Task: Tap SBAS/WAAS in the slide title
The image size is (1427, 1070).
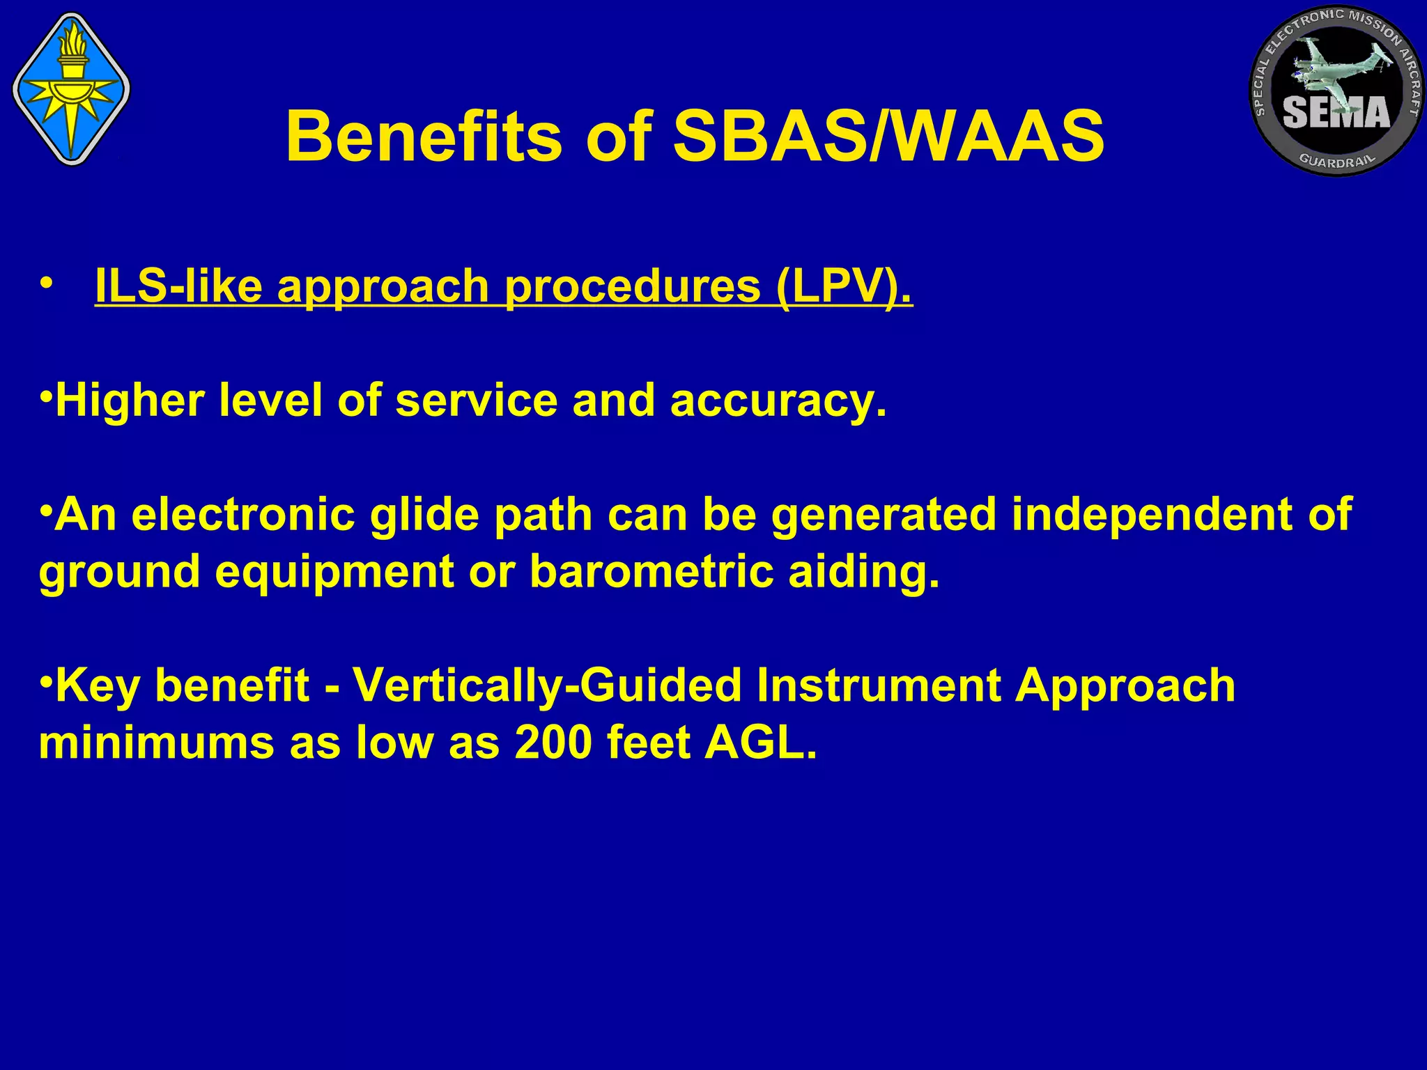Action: [x=888, y=138]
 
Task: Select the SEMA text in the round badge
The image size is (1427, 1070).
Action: [x=1336, y=112]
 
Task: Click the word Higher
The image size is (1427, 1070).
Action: [x=130, y=401]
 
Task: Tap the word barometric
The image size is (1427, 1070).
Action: [x=651, y=572]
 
